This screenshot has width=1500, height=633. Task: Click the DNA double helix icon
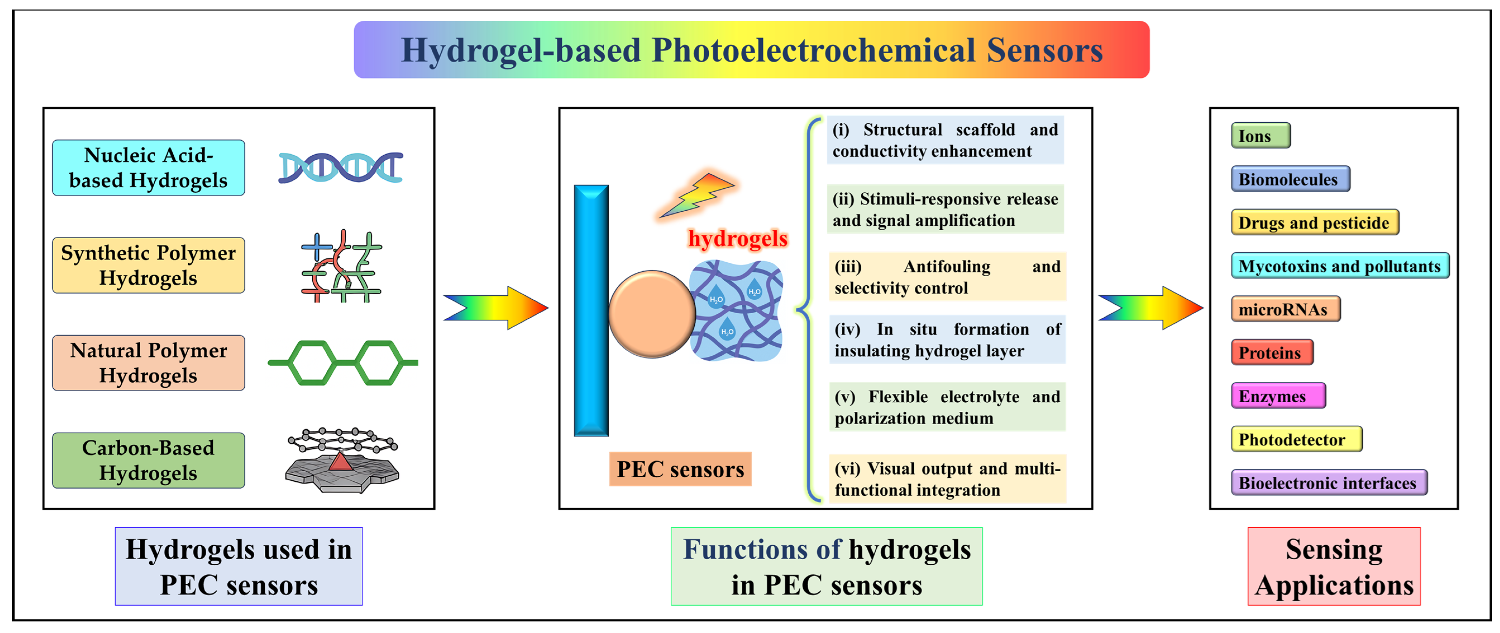[341, 168]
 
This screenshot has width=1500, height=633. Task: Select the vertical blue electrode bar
[591, 311]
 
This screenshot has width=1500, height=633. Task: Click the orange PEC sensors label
[680, 469]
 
